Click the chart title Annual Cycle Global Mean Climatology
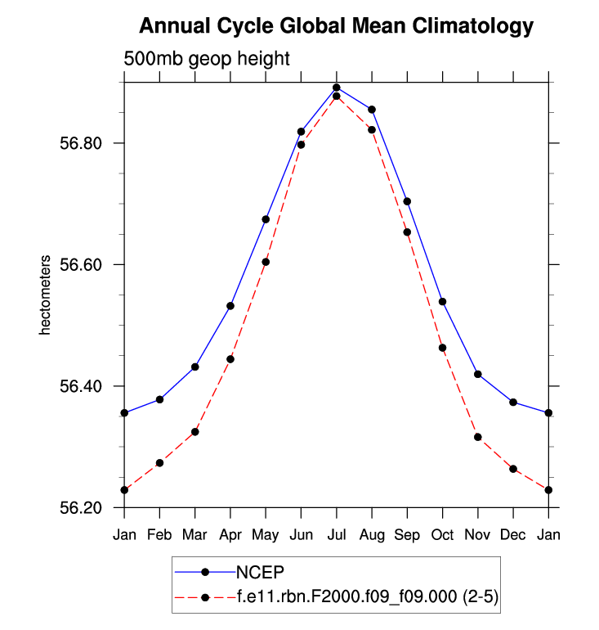click(336, 26)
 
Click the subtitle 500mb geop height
click(207, 59)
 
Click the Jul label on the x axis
click(336, 534)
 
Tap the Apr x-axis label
click(230, 534)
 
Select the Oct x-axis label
click(442, 534)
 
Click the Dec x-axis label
click(513, 534)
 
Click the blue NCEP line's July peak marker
click(336, 88)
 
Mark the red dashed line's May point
click(266, 262)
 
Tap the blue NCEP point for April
click(230, 306)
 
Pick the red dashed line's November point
click(478, 437)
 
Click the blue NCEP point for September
click(407, 201)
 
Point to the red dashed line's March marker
click(195, 432)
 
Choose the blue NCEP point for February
click(159, 399)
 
